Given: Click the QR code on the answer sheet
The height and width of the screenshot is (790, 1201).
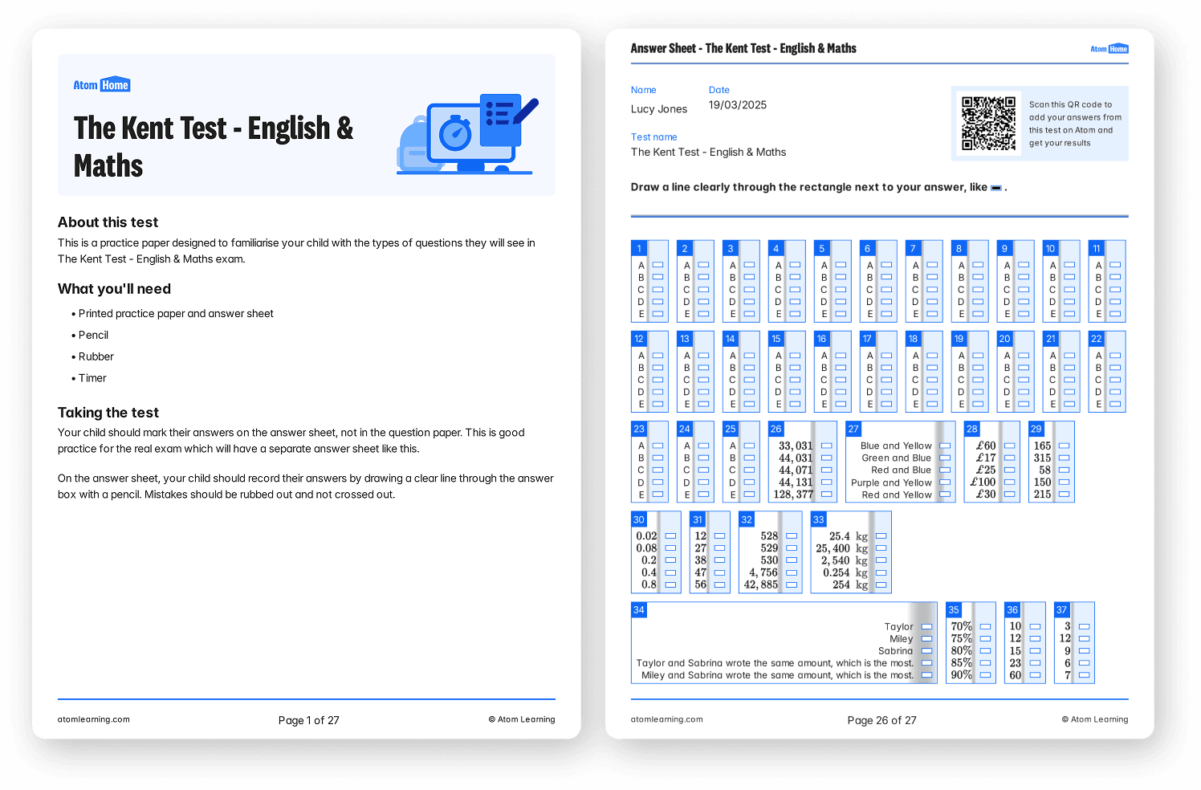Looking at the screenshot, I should (988, 124).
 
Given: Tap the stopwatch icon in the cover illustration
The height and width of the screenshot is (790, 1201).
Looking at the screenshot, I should (455, 133).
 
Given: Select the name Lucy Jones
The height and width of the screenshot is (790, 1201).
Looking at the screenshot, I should (659, 109).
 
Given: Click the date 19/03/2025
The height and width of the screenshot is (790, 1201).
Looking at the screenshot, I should (738, 105).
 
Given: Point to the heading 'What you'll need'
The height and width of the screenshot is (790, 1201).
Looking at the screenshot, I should (114, 289).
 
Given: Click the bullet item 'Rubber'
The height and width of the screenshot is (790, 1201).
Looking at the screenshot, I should (96, 356).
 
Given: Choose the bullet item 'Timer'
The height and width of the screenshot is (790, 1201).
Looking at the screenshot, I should (92, 378).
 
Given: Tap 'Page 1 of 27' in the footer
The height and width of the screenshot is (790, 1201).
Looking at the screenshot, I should (308, 720).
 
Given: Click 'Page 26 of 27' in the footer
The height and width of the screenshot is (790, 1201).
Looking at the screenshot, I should (881, 720).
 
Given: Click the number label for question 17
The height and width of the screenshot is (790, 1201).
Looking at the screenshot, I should (867, 339).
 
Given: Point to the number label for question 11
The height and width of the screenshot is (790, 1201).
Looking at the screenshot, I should (1097, 248).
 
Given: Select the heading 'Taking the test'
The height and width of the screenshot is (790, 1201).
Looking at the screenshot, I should (108, 413).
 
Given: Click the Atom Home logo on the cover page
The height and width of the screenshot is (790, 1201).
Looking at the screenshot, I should (101, 85).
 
